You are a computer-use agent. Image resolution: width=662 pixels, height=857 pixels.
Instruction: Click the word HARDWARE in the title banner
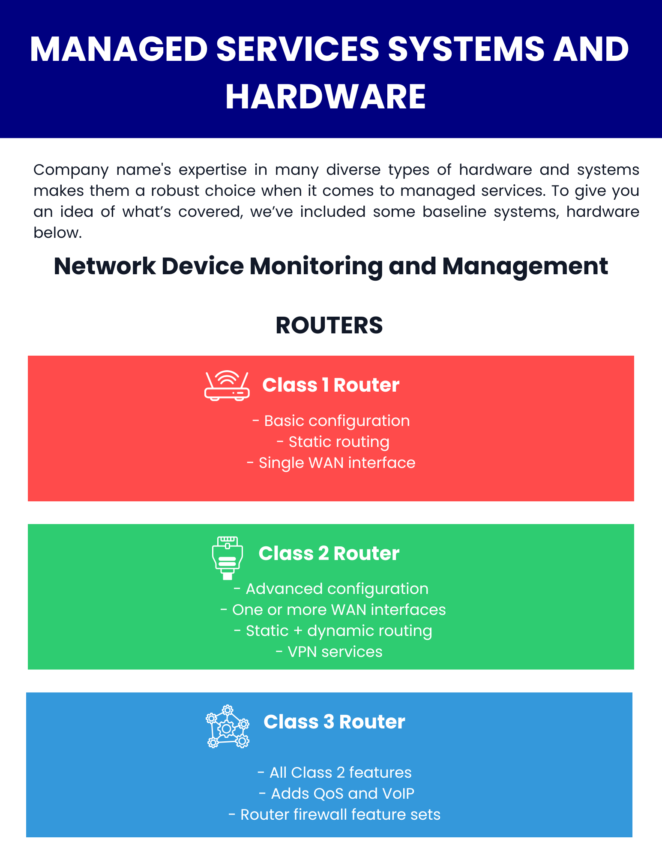point(326,97)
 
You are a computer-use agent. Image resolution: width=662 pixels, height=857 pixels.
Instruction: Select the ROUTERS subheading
point(329,325)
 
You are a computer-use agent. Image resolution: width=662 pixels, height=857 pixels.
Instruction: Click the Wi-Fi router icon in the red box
point(227,386)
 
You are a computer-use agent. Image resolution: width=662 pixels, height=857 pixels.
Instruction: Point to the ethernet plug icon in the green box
point(227,558)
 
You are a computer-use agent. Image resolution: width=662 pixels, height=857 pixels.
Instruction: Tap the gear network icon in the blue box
point(227,726)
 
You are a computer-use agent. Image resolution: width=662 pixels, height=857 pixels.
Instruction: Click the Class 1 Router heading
point(331,385)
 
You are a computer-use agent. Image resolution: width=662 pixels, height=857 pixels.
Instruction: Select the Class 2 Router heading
point(329,553)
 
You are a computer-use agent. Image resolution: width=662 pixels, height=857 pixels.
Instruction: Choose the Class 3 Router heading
point(334,722)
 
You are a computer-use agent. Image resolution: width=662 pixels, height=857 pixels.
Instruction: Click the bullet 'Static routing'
point(333,442)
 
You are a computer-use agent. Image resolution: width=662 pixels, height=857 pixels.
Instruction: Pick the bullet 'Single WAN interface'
point(331,463)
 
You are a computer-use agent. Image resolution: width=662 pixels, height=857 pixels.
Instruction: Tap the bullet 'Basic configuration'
point(331,421)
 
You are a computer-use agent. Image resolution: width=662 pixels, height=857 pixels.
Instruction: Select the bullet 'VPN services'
point(329,652)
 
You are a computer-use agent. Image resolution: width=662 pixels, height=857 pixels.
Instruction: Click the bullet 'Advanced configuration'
point(331,589)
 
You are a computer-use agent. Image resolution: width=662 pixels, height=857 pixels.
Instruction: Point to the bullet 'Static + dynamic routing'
point(333,631)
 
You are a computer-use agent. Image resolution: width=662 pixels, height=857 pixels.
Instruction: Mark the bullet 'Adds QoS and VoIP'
point(337,794)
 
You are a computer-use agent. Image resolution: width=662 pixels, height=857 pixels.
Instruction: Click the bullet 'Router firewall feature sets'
point(335,815)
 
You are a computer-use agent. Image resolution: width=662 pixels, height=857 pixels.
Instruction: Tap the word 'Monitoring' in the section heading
point(316,267)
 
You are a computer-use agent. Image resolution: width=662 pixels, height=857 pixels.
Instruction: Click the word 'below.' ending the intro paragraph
point(57,233)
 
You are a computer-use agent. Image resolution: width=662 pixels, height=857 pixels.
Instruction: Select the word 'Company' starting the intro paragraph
point(71,170)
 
